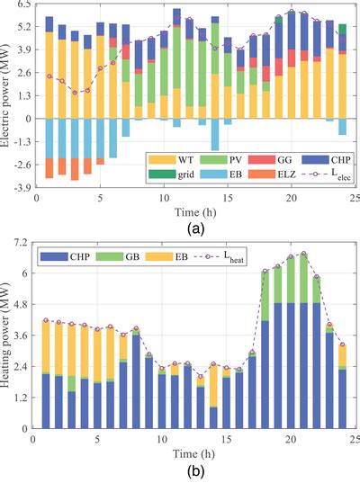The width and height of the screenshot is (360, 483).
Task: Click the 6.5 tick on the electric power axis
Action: tap(22, 4)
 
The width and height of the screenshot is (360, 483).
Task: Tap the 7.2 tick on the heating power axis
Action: tap(22, 243)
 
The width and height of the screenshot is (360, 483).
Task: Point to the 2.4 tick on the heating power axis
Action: tap(22, 370)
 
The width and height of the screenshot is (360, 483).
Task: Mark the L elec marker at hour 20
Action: tap(292, 11)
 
